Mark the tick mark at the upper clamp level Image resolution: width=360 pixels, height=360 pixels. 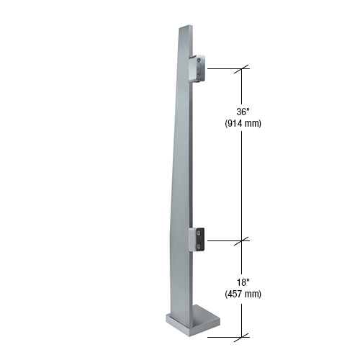tap(244, 68)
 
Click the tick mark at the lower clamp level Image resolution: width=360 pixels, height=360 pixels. tap(244, 239)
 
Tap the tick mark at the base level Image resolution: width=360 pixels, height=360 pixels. tap(244, 335)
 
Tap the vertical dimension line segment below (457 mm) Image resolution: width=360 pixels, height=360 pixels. tap(244, 317)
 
